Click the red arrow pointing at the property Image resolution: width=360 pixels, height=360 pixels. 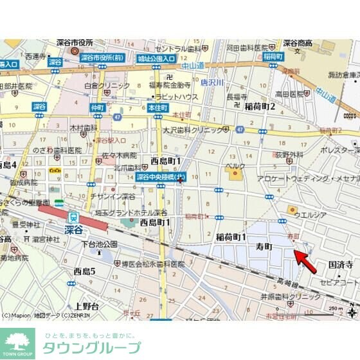(x=305, y=262)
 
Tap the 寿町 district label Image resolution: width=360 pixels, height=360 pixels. (x=264, y=246)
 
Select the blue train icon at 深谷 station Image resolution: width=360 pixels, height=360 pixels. (x=74, y=218)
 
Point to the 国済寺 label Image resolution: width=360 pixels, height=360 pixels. (x=341, y=264)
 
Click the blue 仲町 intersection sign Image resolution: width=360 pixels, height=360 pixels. (x=97, y=107)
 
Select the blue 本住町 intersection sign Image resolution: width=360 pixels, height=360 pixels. (x=157, y=107)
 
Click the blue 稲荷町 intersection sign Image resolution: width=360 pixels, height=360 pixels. (x=273, y=57)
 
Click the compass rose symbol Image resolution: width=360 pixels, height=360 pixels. (x=352, y=313)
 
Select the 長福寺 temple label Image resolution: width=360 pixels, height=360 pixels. (x=236, y=97)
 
